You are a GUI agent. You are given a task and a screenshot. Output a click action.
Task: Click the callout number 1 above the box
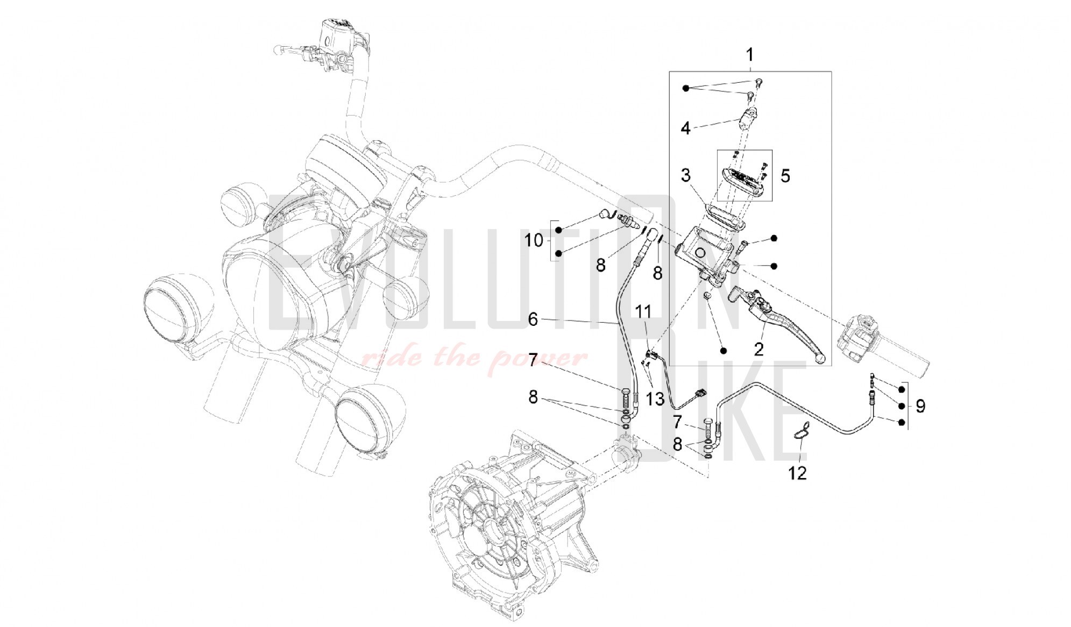tap(749, 55)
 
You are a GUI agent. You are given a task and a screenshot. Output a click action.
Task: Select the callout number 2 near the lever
tap(758, 350)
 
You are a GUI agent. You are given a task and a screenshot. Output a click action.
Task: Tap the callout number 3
tap(685, 175)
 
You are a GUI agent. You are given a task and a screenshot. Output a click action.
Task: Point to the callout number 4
tap(685, 128)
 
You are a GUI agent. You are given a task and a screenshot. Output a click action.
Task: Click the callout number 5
tap(785, 176)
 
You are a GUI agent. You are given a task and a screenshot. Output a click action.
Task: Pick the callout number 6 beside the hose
tap(533, 319)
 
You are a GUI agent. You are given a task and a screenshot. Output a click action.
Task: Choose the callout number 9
tap(920, 406)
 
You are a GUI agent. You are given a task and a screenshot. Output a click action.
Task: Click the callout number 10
tap(534, 240)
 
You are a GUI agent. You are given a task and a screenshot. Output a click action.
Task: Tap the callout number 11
tap(643, 311)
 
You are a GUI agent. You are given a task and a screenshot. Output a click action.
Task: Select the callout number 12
tap(798, 473)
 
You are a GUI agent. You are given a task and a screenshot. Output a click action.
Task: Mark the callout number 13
tap(655, 398)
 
